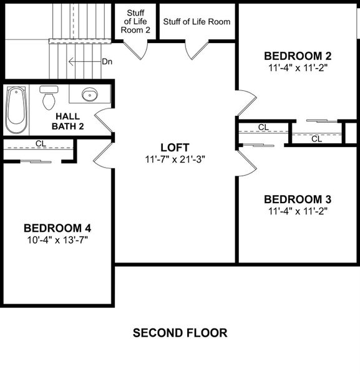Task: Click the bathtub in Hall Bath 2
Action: point(16,110)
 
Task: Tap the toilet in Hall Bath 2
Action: point(48,98)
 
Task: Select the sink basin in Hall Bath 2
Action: point(90,95)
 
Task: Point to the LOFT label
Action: point(174,147)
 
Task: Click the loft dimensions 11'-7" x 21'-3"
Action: point(174,159)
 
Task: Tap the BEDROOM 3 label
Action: point(298,199)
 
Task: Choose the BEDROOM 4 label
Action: point(57,228)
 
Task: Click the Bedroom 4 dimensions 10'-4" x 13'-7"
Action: point(57,239)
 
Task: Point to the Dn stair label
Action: point(107,62)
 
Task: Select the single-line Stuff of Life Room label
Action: point(197,22)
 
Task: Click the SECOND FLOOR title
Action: point(180,333)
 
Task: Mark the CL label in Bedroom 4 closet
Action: point(41,143)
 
